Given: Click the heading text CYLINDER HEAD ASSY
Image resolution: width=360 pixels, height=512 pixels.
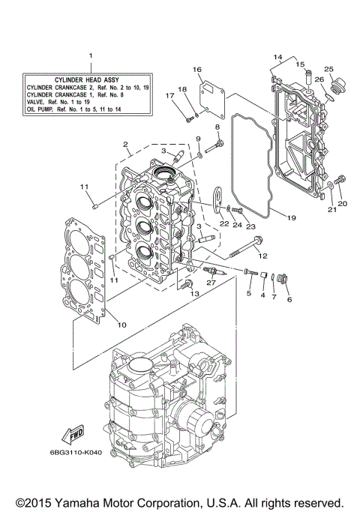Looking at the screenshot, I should [x=87, y=79].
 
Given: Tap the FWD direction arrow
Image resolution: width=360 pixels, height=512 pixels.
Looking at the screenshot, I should [x=76, y=436].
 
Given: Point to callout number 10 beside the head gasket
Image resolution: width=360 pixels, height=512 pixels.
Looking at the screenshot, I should [x=122, y=325].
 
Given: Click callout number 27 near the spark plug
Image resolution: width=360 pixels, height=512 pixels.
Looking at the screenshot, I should [x=212, y=282].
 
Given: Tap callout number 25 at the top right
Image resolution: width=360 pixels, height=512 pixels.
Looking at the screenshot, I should [x=328, y=69].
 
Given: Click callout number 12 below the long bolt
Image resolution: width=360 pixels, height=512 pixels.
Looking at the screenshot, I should [x=262, y=256].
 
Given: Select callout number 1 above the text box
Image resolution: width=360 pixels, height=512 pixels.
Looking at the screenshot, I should [x=90, y=55].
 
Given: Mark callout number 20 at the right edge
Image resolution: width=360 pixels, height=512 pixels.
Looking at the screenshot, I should [x=343, y=203].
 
